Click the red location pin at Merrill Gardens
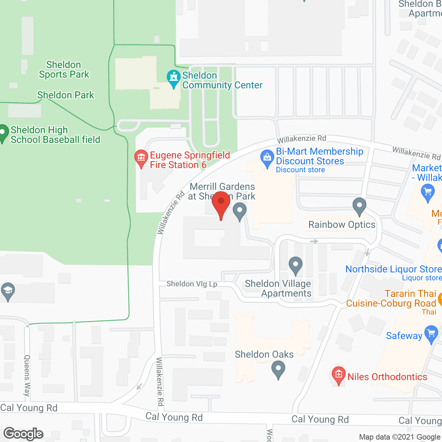221,202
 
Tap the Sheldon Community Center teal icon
173,78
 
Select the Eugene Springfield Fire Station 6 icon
141,158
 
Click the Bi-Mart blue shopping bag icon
267,158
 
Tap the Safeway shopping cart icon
431,333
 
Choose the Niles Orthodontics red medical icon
338,375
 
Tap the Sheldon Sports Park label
64,70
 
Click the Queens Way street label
27,375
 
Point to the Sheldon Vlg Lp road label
192,284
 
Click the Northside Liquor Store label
394,269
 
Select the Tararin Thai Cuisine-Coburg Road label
391,298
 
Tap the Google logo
23,434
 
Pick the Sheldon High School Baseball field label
55,135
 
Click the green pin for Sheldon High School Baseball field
3,133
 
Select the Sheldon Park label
66,95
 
